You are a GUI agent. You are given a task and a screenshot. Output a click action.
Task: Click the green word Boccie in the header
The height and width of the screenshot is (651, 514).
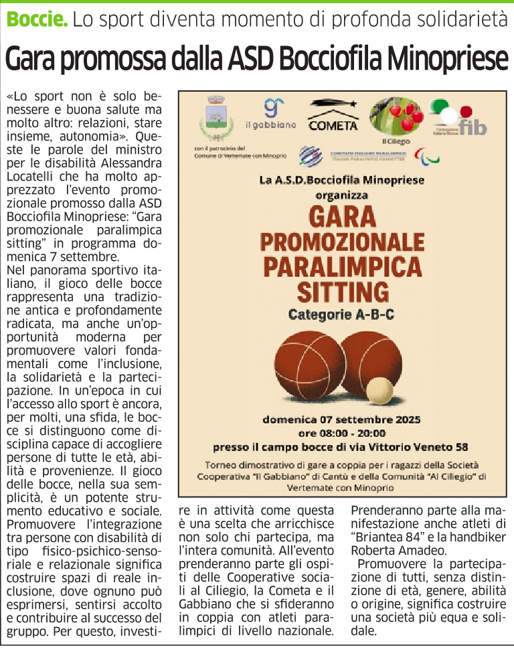tap(37, 19)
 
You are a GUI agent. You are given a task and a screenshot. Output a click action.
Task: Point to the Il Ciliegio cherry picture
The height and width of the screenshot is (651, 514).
tap(397, 115)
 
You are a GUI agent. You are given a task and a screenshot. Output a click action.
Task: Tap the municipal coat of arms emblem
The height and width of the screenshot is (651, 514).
tap(215, 118)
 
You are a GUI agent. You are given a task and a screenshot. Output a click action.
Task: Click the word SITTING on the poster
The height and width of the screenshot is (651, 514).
tap(343, 291)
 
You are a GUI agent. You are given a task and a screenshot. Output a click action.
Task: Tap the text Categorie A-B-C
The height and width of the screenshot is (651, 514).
tap(341, 314)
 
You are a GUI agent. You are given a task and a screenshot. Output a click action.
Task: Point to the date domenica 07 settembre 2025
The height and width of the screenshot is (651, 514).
tap(341, 420)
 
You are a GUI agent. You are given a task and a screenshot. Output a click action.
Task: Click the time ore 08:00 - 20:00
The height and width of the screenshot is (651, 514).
tap(341, 433)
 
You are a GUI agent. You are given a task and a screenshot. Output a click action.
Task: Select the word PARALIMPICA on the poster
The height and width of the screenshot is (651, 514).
tap(343, 266)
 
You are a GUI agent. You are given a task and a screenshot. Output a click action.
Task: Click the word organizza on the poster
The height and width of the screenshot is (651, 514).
tap(341, 196)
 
